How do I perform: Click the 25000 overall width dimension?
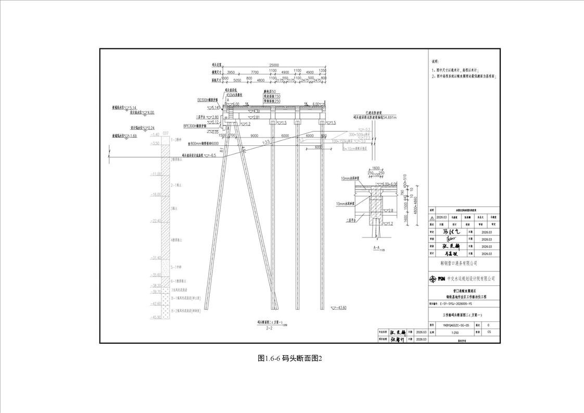tap(274, 65)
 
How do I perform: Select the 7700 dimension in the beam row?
tap(255, 72)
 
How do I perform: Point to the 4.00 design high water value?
tap(150, 112)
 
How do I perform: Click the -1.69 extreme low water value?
tap(132, 136)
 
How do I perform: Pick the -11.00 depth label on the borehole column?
tap(156, 174)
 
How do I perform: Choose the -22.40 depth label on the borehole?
tap(156, 221)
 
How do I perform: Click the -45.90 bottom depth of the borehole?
tap(156, 317)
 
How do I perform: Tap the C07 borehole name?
tap(166, 133)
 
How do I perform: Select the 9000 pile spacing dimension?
tap(255, 135)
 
